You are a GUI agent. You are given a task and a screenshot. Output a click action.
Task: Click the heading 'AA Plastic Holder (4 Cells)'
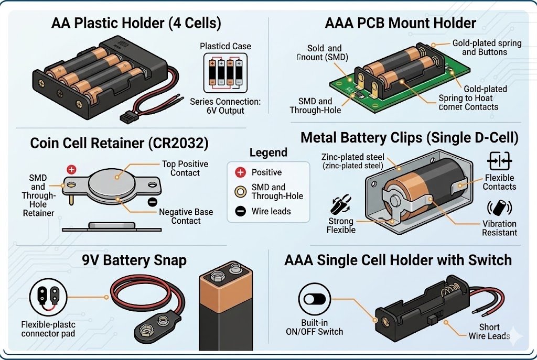[x=136, y=24]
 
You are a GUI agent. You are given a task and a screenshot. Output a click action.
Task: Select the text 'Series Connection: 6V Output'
[x=225, y=105]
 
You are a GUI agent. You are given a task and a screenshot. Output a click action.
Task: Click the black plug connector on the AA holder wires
[x=126, y=116]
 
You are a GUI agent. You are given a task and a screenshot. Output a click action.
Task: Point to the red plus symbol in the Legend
[x=240, y=172]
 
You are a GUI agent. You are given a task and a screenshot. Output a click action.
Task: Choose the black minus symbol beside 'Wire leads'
[x=240, y=212]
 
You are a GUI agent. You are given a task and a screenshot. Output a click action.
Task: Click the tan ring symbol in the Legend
[x=240, y=191]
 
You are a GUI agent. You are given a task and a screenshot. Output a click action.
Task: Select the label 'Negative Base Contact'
[x=186, y=216]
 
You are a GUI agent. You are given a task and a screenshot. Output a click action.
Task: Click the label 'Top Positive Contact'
[x=185, y=168]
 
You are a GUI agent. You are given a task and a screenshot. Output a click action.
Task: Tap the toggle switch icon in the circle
[x=315, y=299]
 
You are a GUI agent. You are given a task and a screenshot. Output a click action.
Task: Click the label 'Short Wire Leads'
[x=489, y=331]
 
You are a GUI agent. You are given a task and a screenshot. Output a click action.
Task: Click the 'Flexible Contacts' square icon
[x=499, y=160]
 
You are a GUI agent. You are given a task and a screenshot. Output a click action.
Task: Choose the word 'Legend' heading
[x=268, y=153]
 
